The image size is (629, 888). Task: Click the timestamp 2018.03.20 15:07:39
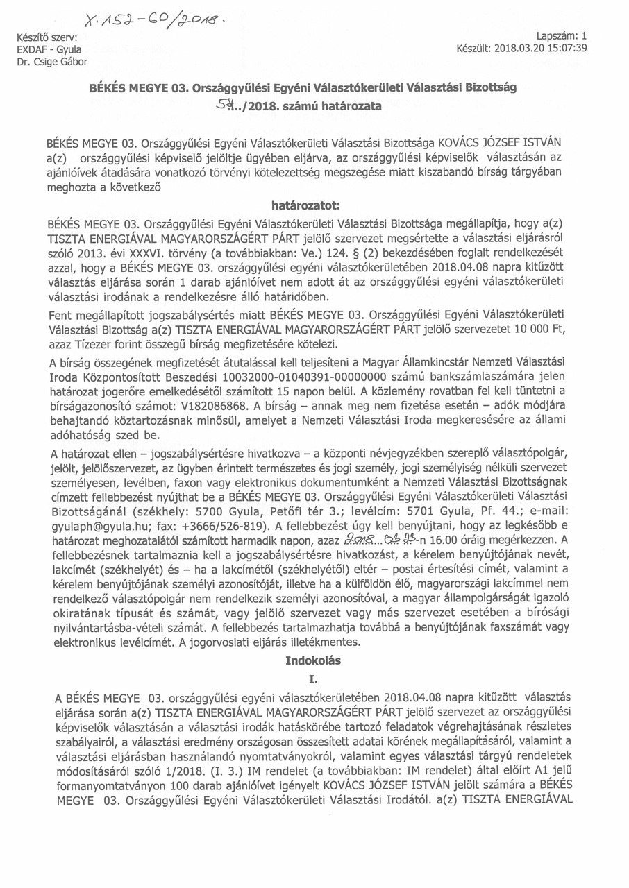click(541, 49)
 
